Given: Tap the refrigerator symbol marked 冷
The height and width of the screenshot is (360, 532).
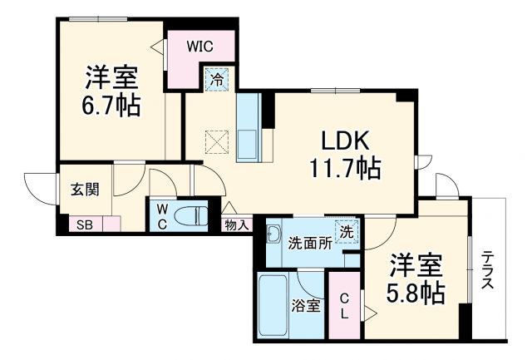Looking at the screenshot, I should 216,80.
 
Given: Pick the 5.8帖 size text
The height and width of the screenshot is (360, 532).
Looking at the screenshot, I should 416,292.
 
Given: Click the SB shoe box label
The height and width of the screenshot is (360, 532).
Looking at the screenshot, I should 85,224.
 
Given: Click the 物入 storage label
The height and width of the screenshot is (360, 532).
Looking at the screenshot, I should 237,223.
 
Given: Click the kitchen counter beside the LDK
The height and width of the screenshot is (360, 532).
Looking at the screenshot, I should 248,129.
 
